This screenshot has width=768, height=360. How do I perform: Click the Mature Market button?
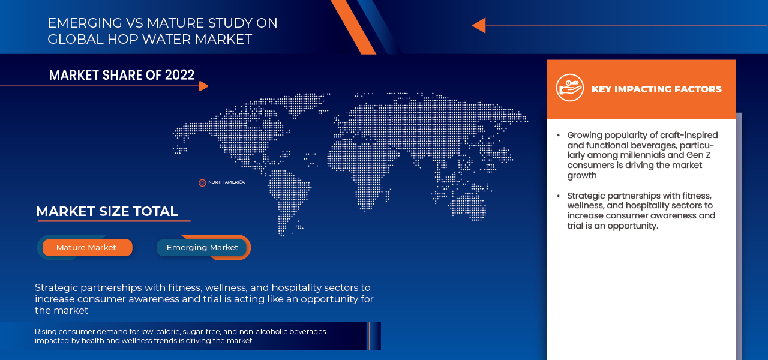coord(87,248)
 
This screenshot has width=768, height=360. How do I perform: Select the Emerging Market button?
coord(202,248)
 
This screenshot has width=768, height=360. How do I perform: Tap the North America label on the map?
coord(226,182)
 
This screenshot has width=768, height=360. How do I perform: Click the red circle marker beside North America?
coord(202,183)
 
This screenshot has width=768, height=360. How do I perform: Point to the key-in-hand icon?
coord(570,88)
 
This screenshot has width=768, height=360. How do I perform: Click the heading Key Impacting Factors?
coord(656,89)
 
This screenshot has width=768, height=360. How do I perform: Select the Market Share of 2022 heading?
coord(122,75)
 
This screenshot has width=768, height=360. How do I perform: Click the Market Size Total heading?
coord(107,211)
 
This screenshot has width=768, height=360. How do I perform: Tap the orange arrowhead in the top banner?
coord(479,25)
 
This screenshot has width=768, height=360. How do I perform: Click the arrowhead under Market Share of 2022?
coord(203,86)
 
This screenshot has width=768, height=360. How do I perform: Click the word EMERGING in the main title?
coord(85,23)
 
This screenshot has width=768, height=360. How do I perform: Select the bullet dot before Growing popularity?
coord(559,136)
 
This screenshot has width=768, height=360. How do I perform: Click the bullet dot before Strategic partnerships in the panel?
coord(559,196)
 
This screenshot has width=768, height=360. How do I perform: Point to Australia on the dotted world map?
coord(467,206)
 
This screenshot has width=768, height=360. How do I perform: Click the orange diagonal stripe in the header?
coord(353,27)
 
